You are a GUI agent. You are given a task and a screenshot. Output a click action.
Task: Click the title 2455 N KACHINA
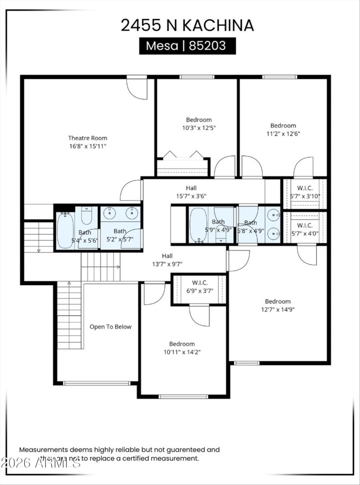pos(187,25)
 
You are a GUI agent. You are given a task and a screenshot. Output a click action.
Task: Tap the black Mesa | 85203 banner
pos(187,46)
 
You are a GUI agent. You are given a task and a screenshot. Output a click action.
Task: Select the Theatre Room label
pos(88,138)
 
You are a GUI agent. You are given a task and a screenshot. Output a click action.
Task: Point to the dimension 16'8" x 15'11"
pos(88,146)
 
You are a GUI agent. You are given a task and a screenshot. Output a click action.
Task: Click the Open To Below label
pos(110,327)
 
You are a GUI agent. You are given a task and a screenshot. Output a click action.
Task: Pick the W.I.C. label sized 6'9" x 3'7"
pos(199,283)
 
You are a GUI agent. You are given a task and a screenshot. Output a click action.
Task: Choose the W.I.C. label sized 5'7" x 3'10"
pos(305,188)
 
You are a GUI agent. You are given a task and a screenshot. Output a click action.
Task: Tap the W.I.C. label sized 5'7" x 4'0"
pos(305,225)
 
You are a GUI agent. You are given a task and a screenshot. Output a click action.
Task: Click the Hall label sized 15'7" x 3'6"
pos(191,188)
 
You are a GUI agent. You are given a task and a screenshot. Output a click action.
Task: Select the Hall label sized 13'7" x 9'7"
pos(166,256)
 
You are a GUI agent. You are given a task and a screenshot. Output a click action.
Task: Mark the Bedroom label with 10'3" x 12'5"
pos(199,120)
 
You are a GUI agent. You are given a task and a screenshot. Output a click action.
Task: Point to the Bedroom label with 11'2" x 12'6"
pos(283,126)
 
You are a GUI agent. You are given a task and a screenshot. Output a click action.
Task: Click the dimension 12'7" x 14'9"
pos(278,309)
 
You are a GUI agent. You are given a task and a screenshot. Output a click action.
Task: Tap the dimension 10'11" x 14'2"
pos(182,352)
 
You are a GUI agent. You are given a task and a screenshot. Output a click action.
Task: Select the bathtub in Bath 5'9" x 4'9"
pos(198,224)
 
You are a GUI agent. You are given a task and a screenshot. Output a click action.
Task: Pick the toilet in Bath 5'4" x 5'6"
pos(86,216)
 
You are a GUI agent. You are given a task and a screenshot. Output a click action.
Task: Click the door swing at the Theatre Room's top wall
pos(137,89)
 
